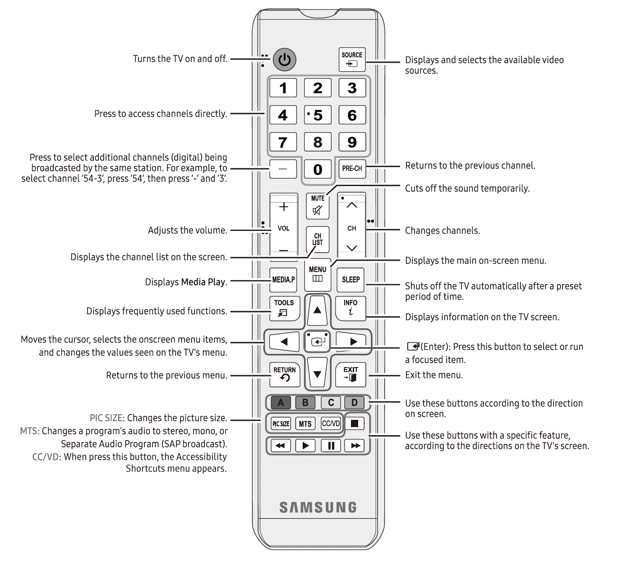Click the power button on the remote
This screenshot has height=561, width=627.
point(284,60)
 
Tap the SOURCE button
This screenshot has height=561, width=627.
point(352,60)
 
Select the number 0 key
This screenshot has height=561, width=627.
point(318,170)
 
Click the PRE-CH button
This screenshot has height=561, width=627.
point(352,169)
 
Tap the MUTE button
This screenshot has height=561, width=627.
point(318,205)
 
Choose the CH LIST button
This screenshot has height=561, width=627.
point(318,239)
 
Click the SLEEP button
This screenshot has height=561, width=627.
point(350,280)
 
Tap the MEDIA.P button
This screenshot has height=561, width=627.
point(283,280)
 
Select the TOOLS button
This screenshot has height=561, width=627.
point(284,308)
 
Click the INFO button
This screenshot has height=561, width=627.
point(350,308)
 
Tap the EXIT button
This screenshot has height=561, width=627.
point(350,374)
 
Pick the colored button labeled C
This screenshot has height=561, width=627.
point(331,403)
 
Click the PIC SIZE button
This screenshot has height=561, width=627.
point(281,423)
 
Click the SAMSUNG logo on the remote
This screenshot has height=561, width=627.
point(318,507)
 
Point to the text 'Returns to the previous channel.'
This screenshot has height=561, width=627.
point(470,166)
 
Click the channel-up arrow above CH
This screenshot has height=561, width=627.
point(352,206)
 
